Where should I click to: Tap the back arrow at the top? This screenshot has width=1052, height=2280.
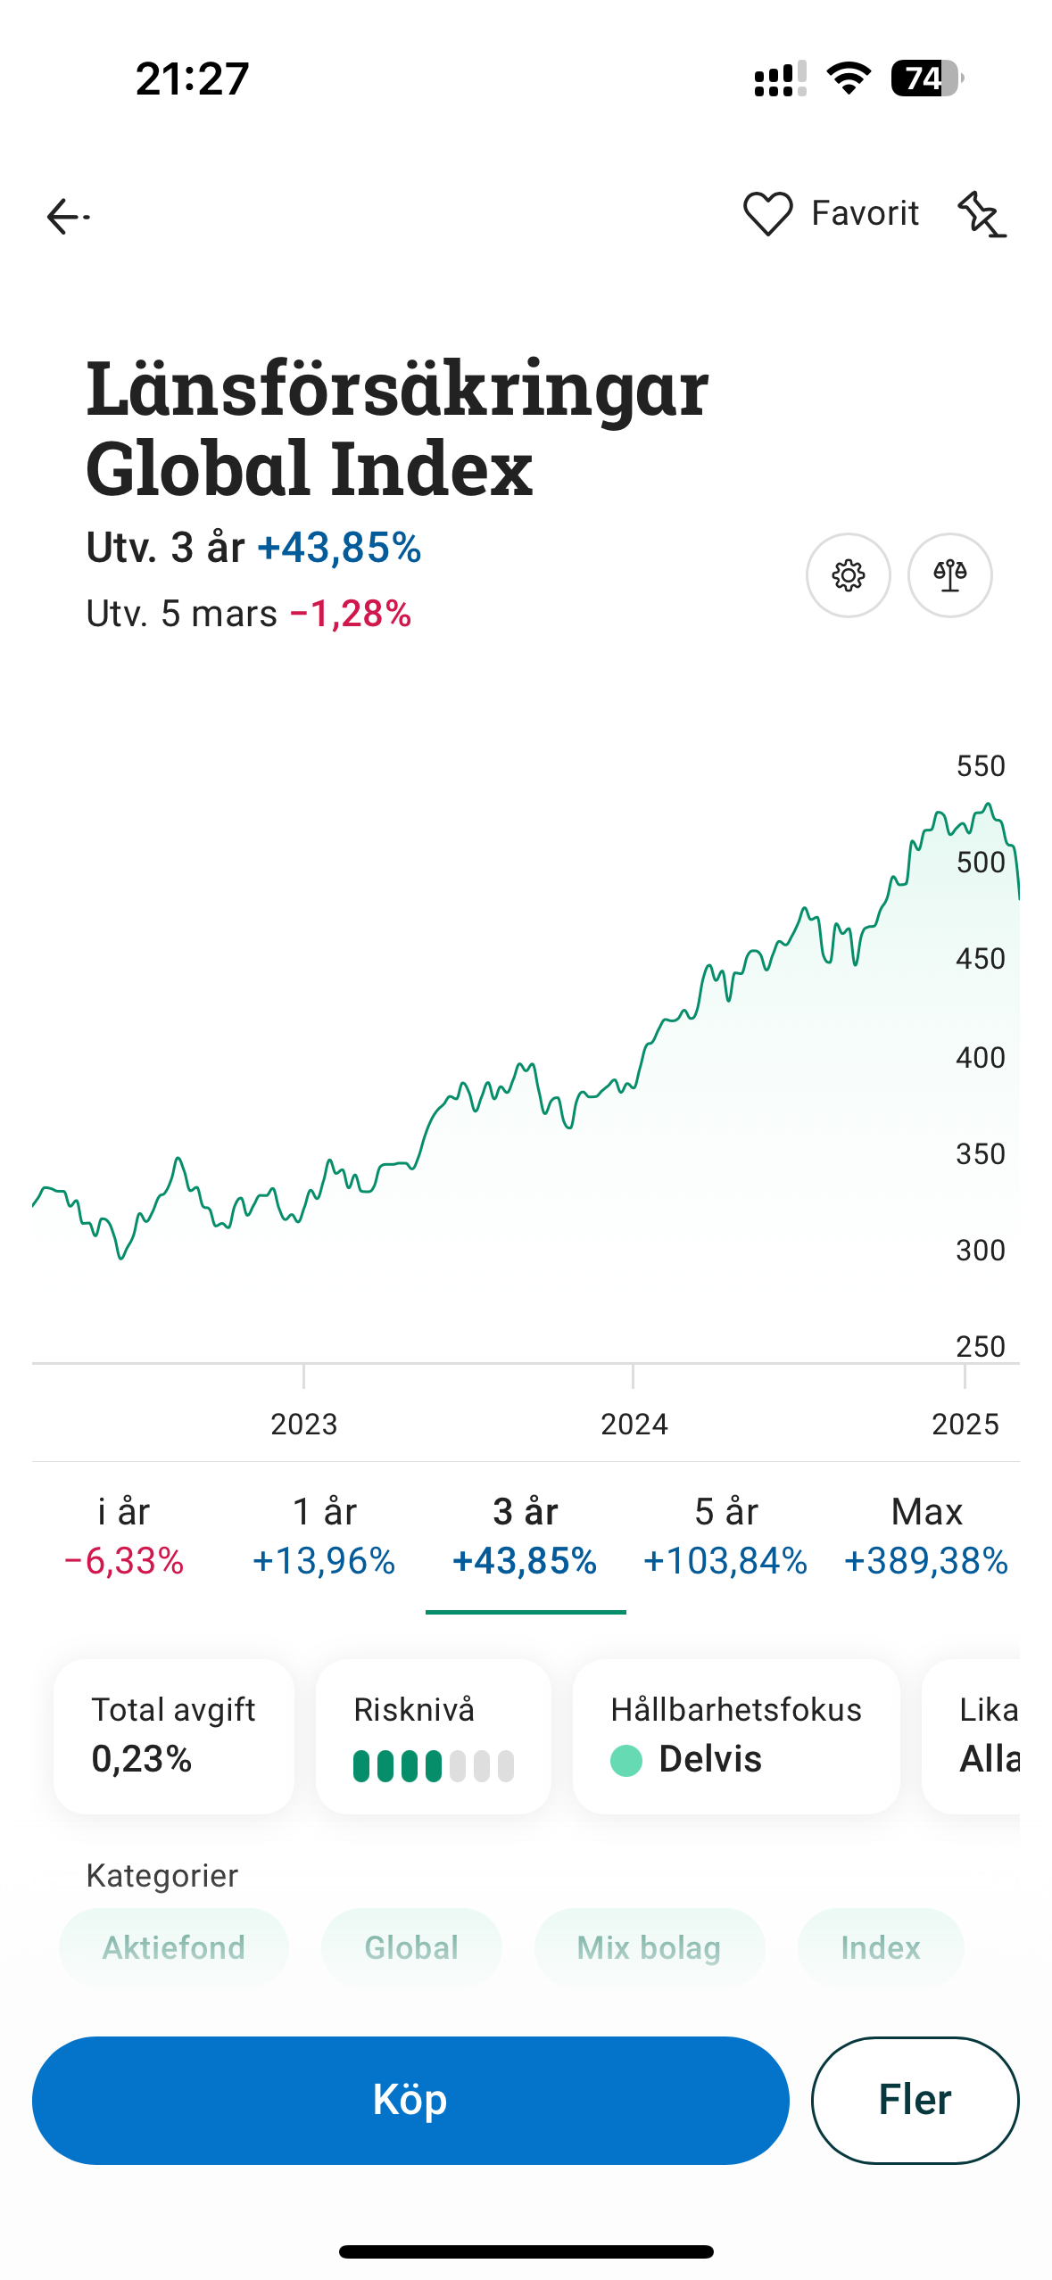pos(67,216)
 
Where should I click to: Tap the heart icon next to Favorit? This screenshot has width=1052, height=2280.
pos(767,214)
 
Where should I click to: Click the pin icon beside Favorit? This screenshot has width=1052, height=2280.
pos(981,215)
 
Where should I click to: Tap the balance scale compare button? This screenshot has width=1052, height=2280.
pos(949,575)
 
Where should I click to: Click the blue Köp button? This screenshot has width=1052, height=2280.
pos(410,2100)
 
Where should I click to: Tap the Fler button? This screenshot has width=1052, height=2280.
pos(915,2100)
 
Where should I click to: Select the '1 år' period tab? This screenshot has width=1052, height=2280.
pos(324,1536)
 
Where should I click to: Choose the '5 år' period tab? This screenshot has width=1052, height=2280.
pos(725,1536)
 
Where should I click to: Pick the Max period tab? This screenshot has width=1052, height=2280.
pos(926,1536)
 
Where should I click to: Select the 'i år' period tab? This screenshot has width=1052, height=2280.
pos(124,1536)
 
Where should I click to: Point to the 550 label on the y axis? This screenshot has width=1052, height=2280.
pos(980,766)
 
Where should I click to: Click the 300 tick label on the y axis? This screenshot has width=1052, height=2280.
pos(980,1250)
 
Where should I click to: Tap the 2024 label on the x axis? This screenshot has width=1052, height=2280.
pos(634,1424)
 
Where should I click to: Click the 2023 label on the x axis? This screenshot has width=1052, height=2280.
pos(303,1424)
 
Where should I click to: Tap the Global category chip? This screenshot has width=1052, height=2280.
pos(411,1947)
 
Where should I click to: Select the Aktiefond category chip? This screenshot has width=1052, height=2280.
pos(174,1947)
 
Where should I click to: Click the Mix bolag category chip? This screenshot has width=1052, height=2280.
pos(649,1947)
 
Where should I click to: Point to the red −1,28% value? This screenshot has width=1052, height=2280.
pos(351,614)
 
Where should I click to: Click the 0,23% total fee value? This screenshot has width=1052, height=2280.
pos(142,1759)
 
